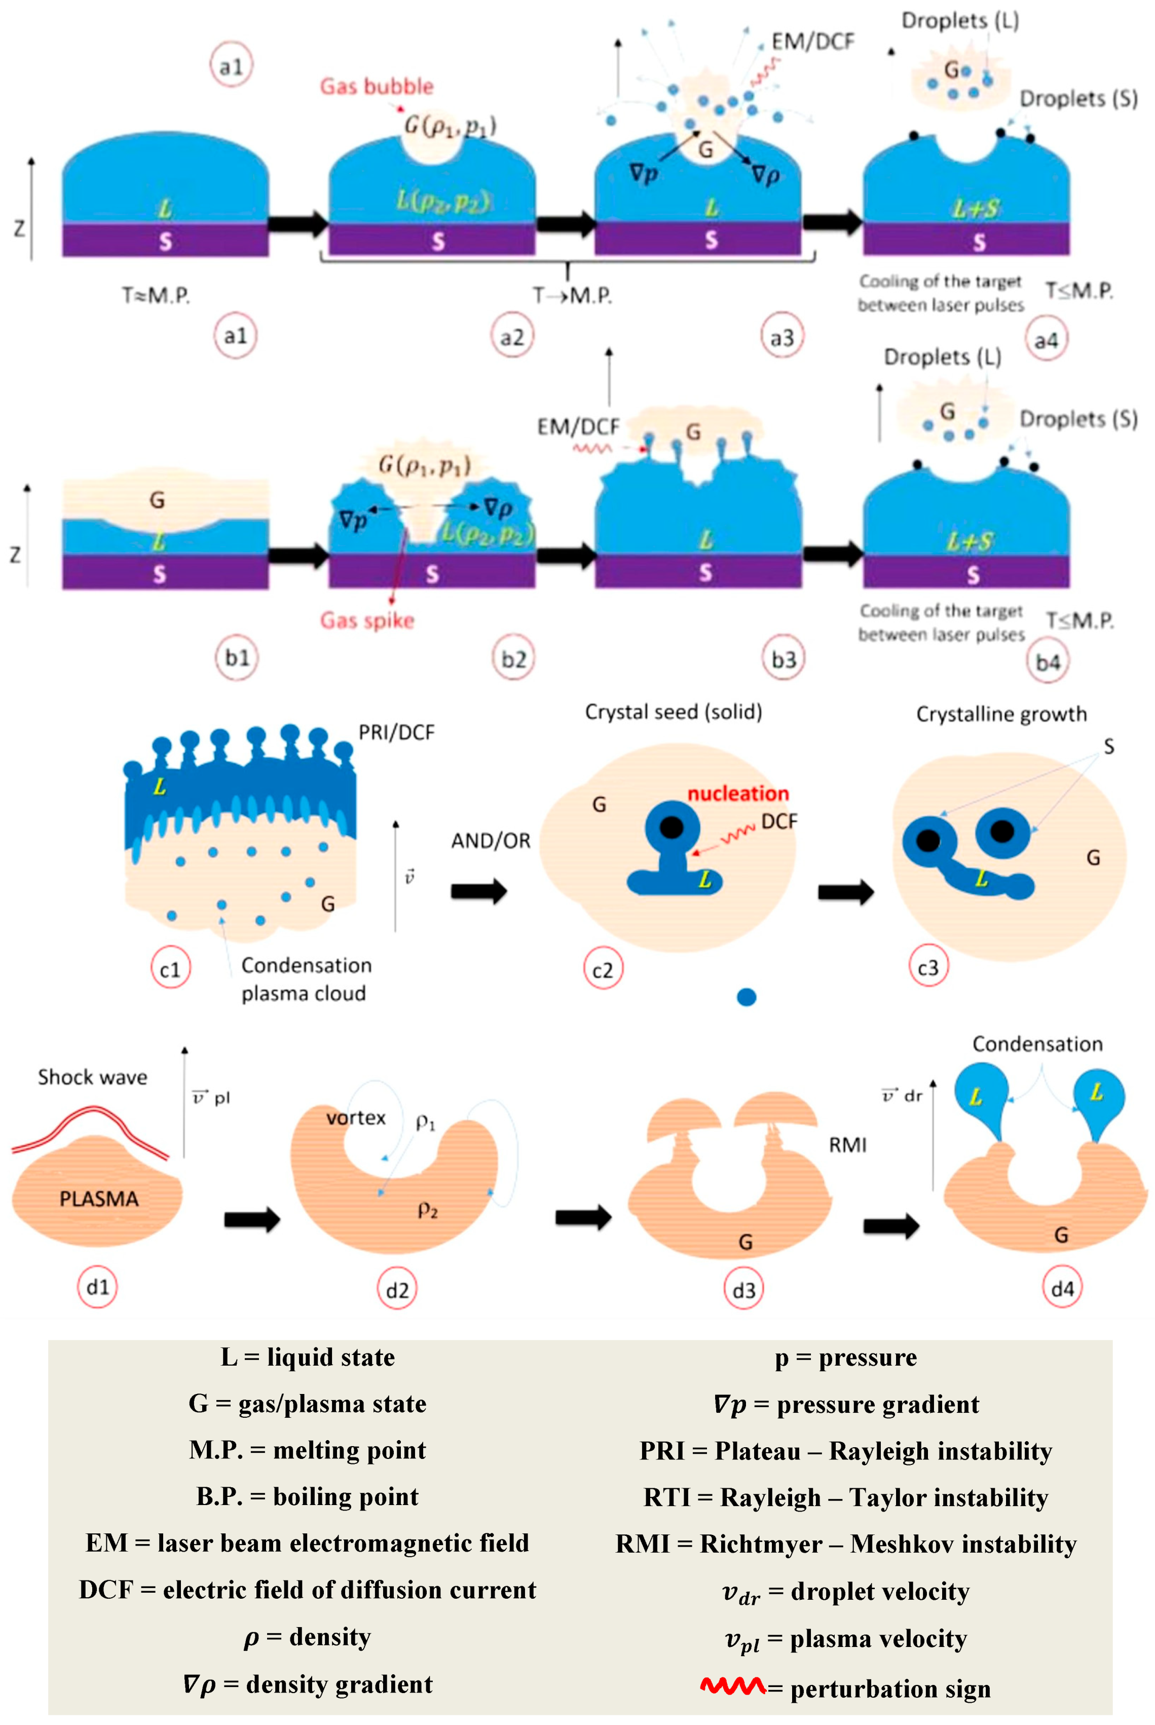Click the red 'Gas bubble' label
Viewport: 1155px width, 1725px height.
pyautogui.click(x=377, y=87)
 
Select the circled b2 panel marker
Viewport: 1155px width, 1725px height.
pyautogui.click(x=513, y=658)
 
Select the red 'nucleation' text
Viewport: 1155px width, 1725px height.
pyautogui.click(x=737, y=793)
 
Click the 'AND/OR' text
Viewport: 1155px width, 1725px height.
pyautogui.click(x=491, y=840)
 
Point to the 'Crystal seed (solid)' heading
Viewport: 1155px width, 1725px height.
pyautogui.click(x=673, y=712)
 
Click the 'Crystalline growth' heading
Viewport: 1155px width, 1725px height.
pyautogui.click(x=1001, y=714)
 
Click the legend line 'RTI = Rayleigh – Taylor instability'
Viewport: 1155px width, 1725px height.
pyautogui.click(x=846, y=1497)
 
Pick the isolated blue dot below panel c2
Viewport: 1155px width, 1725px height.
pyautogui.click(x=746, y=997)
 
